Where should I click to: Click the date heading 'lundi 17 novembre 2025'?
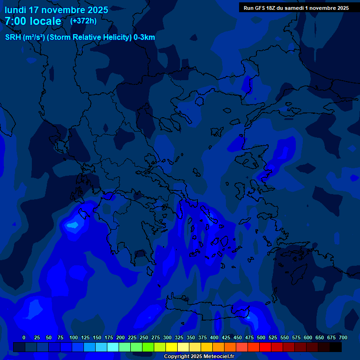pyautogui.click(x=56, y=10)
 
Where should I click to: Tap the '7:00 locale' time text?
pyautogui.click(x=33, y=21)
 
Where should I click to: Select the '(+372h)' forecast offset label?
pyautogui.click(x=83, y=21)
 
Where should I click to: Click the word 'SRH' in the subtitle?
pyautogui.click(x=13, y=37)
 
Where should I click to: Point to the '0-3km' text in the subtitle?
pyautogui.click(x=144, y=37)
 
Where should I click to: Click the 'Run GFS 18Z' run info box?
pyautogui.click(x=296, y=7)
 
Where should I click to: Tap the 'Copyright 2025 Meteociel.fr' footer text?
pyautogui.click(x=199, y=357)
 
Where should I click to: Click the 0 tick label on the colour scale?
pyautogui.click(x=24, y=337)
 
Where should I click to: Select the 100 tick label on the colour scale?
pyautogui.click(x=73, y=337)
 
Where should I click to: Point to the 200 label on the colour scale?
pyautogui.click(x=120, y=337)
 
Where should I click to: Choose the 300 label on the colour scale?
pyautogui.click(x=167, y=337)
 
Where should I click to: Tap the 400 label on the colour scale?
pyautogui.click(x=214, y=337)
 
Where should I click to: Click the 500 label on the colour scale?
pyautogui.click(x=261, y=337)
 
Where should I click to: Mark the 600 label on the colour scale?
pyautogui.click(x=308, y=337)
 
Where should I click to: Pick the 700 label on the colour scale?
pyautogui.click(x=343, y=337)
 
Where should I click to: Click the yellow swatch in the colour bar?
pyautogui.click(x=172, y=347)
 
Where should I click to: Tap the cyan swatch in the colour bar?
pyautogui.click(x=113, y=347)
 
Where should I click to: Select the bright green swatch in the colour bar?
pyautogui.click(x=148, y=347)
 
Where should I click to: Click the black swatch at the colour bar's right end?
pyautogui.click(x=336, y=347)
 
